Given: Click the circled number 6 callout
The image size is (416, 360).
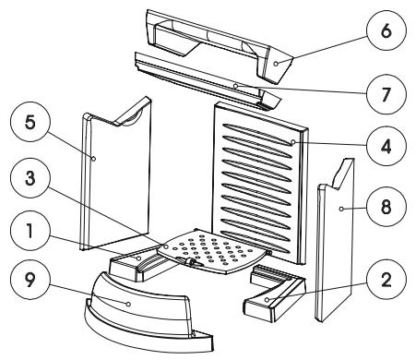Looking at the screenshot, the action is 386,31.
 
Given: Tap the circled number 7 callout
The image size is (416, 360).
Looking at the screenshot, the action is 386,94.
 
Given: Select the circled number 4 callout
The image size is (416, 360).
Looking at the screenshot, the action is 386,146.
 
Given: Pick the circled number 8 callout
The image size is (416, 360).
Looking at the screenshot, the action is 386,207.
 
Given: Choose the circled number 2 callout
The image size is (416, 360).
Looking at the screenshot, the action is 386,279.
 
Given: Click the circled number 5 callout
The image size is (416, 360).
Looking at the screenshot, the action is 30,122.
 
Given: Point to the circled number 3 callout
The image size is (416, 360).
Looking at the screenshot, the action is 30,178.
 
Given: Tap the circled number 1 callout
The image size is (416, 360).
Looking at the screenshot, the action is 30,232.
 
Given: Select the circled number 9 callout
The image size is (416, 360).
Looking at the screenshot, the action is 30,280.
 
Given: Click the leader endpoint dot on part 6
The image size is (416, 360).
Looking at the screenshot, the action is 276,64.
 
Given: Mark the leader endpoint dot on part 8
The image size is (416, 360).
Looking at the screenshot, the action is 341,209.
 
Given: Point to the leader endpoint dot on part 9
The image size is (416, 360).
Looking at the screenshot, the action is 128,304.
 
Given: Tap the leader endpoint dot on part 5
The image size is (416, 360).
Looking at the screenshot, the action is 93,159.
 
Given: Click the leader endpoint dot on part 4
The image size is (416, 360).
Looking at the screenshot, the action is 292,142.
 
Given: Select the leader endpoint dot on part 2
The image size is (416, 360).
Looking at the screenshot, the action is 267,299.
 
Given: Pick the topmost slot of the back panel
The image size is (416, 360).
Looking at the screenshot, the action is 257,134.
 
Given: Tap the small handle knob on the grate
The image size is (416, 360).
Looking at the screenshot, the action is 191,262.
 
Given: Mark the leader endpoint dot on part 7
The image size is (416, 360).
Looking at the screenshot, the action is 235,86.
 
